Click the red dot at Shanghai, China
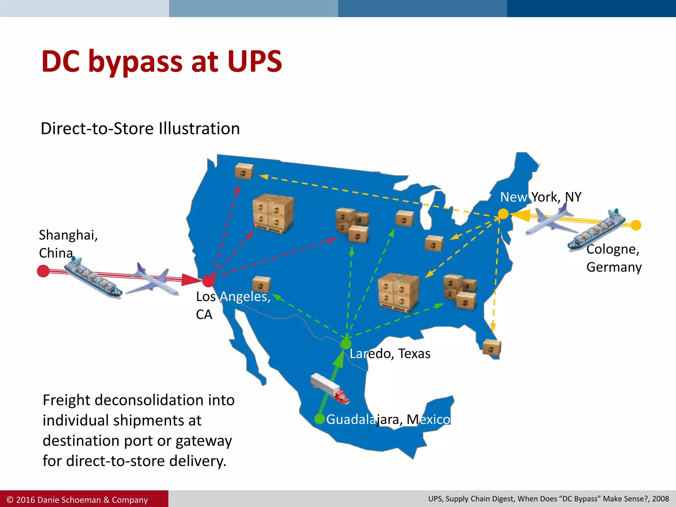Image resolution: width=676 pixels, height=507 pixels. (x=43, y=271)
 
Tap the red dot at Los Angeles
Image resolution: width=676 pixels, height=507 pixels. (x=208, y=281)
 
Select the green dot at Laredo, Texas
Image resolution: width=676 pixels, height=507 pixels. (x=346, y=344)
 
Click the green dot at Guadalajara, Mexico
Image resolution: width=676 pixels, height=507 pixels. (x=319, y=419)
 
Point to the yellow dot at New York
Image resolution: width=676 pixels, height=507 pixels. (x=503, y=214)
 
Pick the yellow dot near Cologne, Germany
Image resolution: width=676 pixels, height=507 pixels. (x=636, y=225)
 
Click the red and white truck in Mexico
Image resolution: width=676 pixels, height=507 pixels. (x=330, y=389)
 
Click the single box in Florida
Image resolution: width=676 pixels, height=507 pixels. (x=492, y=348)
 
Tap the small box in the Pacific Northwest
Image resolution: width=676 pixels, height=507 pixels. (x=244, y=171)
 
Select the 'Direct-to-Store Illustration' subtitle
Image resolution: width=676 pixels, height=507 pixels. (x=140, y=128)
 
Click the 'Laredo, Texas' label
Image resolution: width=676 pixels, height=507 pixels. (x=390, y=354)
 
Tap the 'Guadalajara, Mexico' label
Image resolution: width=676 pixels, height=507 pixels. (x=388, y=420)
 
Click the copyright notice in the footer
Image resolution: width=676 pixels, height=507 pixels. (x=77, y=500)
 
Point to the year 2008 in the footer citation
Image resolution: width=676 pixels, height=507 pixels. (x=660, y=499)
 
